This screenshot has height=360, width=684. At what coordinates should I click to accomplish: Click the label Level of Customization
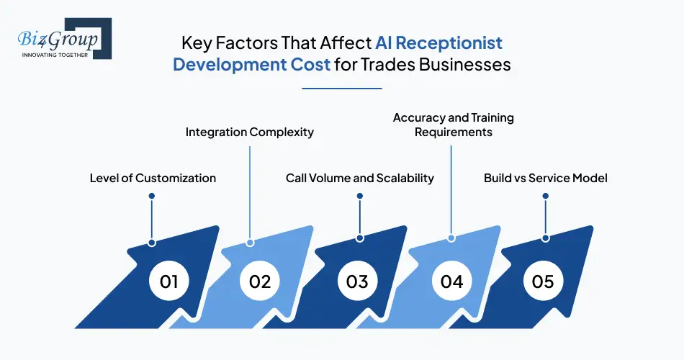153,178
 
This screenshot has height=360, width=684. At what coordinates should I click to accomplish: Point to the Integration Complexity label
250,132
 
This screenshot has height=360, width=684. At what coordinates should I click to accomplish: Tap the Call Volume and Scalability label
359,178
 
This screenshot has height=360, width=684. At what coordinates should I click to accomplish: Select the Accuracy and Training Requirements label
453,125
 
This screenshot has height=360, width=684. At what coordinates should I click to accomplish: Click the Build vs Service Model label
545,178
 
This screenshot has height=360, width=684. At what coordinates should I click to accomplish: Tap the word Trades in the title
395,64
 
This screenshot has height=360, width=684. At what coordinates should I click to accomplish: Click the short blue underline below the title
341,89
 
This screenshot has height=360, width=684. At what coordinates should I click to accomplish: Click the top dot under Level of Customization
151,196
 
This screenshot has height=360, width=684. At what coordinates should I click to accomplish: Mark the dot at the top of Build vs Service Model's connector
545,196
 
